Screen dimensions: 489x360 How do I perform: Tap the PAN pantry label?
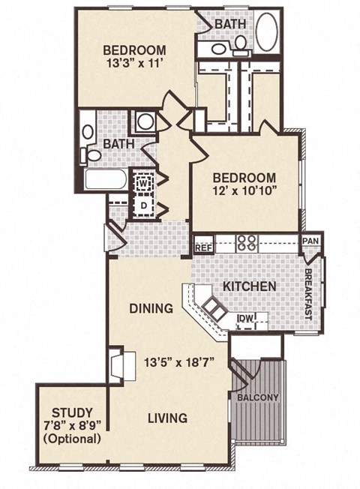click(310, 241)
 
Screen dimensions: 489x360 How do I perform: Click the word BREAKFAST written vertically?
click(308, 295)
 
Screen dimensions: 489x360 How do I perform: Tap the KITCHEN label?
click(250, 286)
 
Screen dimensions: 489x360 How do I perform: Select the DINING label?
click(151, 307)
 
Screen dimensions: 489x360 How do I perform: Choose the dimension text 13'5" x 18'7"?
click(180, 361)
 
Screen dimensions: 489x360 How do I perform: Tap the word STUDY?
click(73, 412)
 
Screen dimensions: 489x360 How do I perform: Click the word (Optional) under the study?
click(73, 438)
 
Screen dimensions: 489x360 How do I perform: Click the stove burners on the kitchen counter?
click(247, 242)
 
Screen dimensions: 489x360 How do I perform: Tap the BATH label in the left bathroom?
click(118, 142)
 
